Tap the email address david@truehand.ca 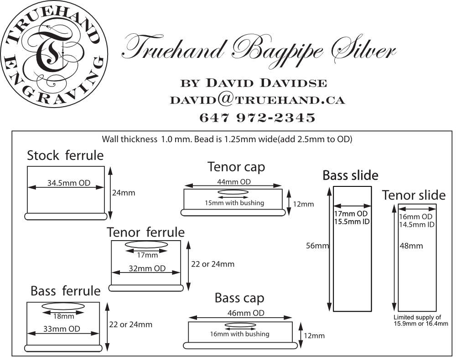(x=257, y=100)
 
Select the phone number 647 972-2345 (x=257, y=118)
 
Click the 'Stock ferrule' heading (x=65, y=155)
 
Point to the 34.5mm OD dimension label (x=69, y=184)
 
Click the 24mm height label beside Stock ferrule (x=123, y=193)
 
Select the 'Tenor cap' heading (x=236, y=167)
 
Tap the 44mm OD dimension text (x=233, y=182)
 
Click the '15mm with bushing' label (x=234, y=202)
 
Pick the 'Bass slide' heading (x=350, y=175)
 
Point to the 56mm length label (x=318, y=246)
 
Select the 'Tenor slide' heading (x=414, y=195)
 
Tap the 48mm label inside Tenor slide (x=411, y=246)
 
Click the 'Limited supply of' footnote (x=417, y=317)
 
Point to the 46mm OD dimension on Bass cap (x=239, y=313)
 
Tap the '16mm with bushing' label (x=239, y=334)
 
